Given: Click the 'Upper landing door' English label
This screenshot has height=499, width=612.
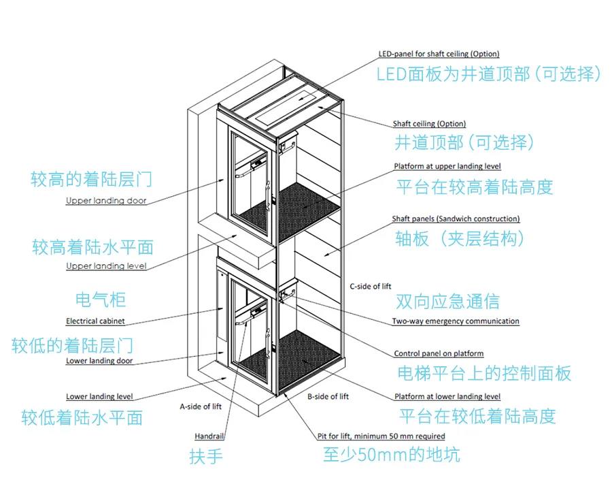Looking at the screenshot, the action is click(x=106, y=200).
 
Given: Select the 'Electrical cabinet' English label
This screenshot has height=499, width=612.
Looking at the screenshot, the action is click(x=95, y=321).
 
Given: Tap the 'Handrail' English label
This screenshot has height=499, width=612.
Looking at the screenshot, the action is click(x=209, y=436).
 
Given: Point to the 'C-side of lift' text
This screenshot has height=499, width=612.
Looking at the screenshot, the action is click(x=371, y=287).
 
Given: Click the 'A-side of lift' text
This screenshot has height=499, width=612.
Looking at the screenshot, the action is click(x=201, y=406).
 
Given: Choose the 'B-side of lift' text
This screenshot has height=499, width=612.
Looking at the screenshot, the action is click(x=328, y=397).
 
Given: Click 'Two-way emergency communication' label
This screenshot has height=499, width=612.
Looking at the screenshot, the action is click(x=456, y=321).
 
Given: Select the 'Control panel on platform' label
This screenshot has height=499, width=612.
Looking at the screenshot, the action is click(x=439, y=353).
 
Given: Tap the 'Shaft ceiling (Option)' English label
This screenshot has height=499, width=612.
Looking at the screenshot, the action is click(x=429, y=124).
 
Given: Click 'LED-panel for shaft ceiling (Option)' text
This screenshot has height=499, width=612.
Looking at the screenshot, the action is click(x=439, y=54).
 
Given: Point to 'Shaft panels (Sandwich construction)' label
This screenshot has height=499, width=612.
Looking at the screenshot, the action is click(x=456, y=219).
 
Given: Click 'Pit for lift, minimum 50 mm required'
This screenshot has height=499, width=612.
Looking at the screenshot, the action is click(x=381, y=436).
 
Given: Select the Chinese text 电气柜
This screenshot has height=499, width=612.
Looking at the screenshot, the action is click(x=101, y=300).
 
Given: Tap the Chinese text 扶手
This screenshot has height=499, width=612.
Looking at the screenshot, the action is click(x=206, y=456).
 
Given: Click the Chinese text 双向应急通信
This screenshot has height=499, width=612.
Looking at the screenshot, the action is click(x=447, y=302).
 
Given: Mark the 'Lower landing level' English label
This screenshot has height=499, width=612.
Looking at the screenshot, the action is click(x=99, y=397).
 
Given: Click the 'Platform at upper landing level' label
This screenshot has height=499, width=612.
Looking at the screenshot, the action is click(x=447, y=167).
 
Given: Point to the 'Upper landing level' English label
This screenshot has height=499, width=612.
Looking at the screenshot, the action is click(x=106, y=266).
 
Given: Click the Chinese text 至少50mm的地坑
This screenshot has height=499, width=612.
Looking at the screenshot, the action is click(x=392, y=455).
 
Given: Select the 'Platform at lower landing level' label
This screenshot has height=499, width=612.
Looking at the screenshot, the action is click(x=447, y=397).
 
